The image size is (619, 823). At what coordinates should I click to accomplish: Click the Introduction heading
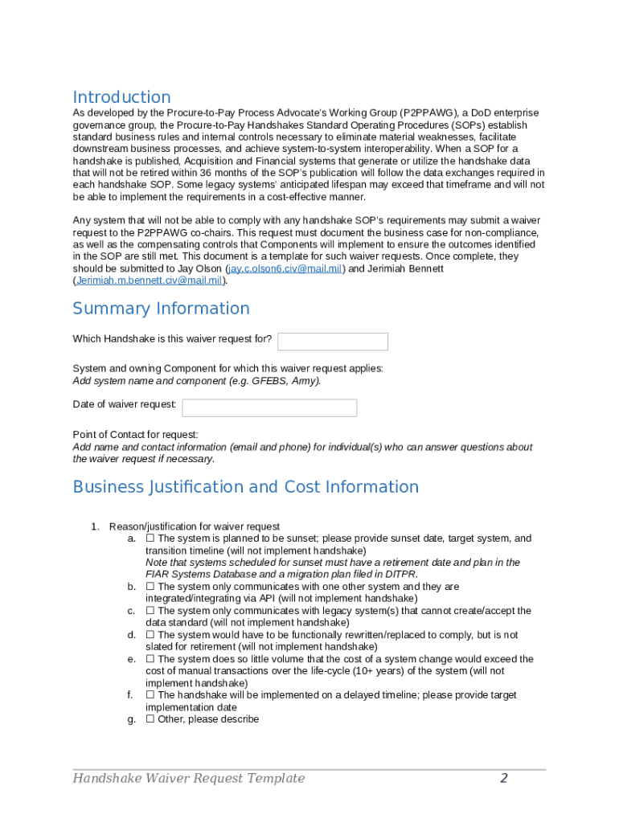[x=121, y=97]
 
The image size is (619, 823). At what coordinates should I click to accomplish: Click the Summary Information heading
[x=161, y=309]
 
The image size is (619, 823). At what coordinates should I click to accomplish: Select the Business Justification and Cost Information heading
[x=245, y=487]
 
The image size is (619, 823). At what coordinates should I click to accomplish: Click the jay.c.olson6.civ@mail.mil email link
[x=286, y=268]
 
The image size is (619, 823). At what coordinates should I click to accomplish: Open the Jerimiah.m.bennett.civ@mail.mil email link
[x=149, y=280]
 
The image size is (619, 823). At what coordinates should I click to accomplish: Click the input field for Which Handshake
[x=332, y=342]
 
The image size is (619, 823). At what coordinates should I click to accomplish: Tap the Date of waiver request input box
[x=269, y=408]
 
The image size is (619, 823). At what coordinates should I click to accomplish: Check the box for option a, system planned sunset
[x=150, y=538]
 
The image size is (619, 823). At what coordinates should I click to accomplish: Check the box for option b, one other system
[x=150, y=587]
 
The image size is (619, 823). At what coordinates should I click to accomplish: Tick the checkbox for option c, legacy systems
[x=150, y=611]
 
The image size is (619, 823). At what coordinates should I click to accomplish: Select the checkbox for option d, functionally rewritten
[x=150, y=635]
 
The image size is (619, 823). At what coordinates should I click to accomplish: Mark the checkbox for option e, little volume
[x=150, y=659]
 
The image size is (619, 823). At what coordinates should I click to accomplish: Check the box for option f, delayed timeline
[x=150, y=695]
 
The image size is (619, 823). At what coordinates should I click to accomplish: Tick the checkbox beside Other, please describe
[x=150, y=719]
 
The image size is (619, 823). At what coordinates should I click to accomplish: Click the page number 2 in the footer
[x=504, y=778]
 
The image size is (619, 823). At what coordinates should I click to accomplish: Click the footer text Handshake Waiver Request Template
[x=189, y=778]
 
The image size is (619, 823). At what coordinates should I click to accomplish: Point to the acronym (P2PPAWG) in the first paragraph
[x=425, y=113]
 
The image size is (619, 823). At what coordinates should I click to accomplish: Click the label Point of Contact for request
[x=135, y=435]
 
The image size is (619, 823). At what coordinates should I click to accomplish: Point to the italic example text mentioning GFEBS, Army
[x=197, y=381]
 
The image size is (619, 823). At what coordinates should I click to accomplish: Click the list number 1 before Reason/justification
[x=94, y=526]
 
